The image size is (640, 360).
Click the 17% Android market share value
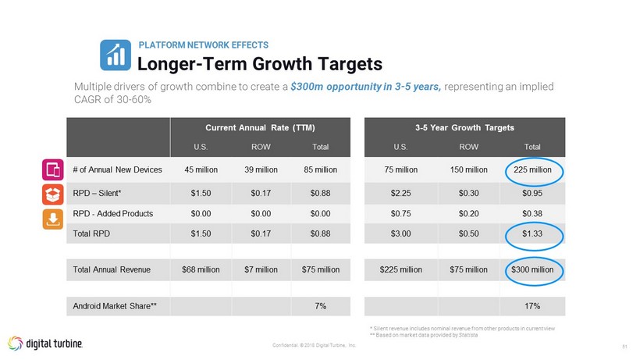click(x=535, y=305)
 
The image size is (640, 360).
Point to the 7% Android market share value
click(x=320, y=305)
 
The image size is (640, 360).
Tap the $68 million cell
click(x=200, y=269)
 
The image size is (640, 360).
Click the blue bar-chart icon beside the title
click(x=116, y=54)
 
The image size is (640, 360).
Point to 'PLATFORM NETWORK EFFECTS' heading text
click(x=203, y=45)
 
